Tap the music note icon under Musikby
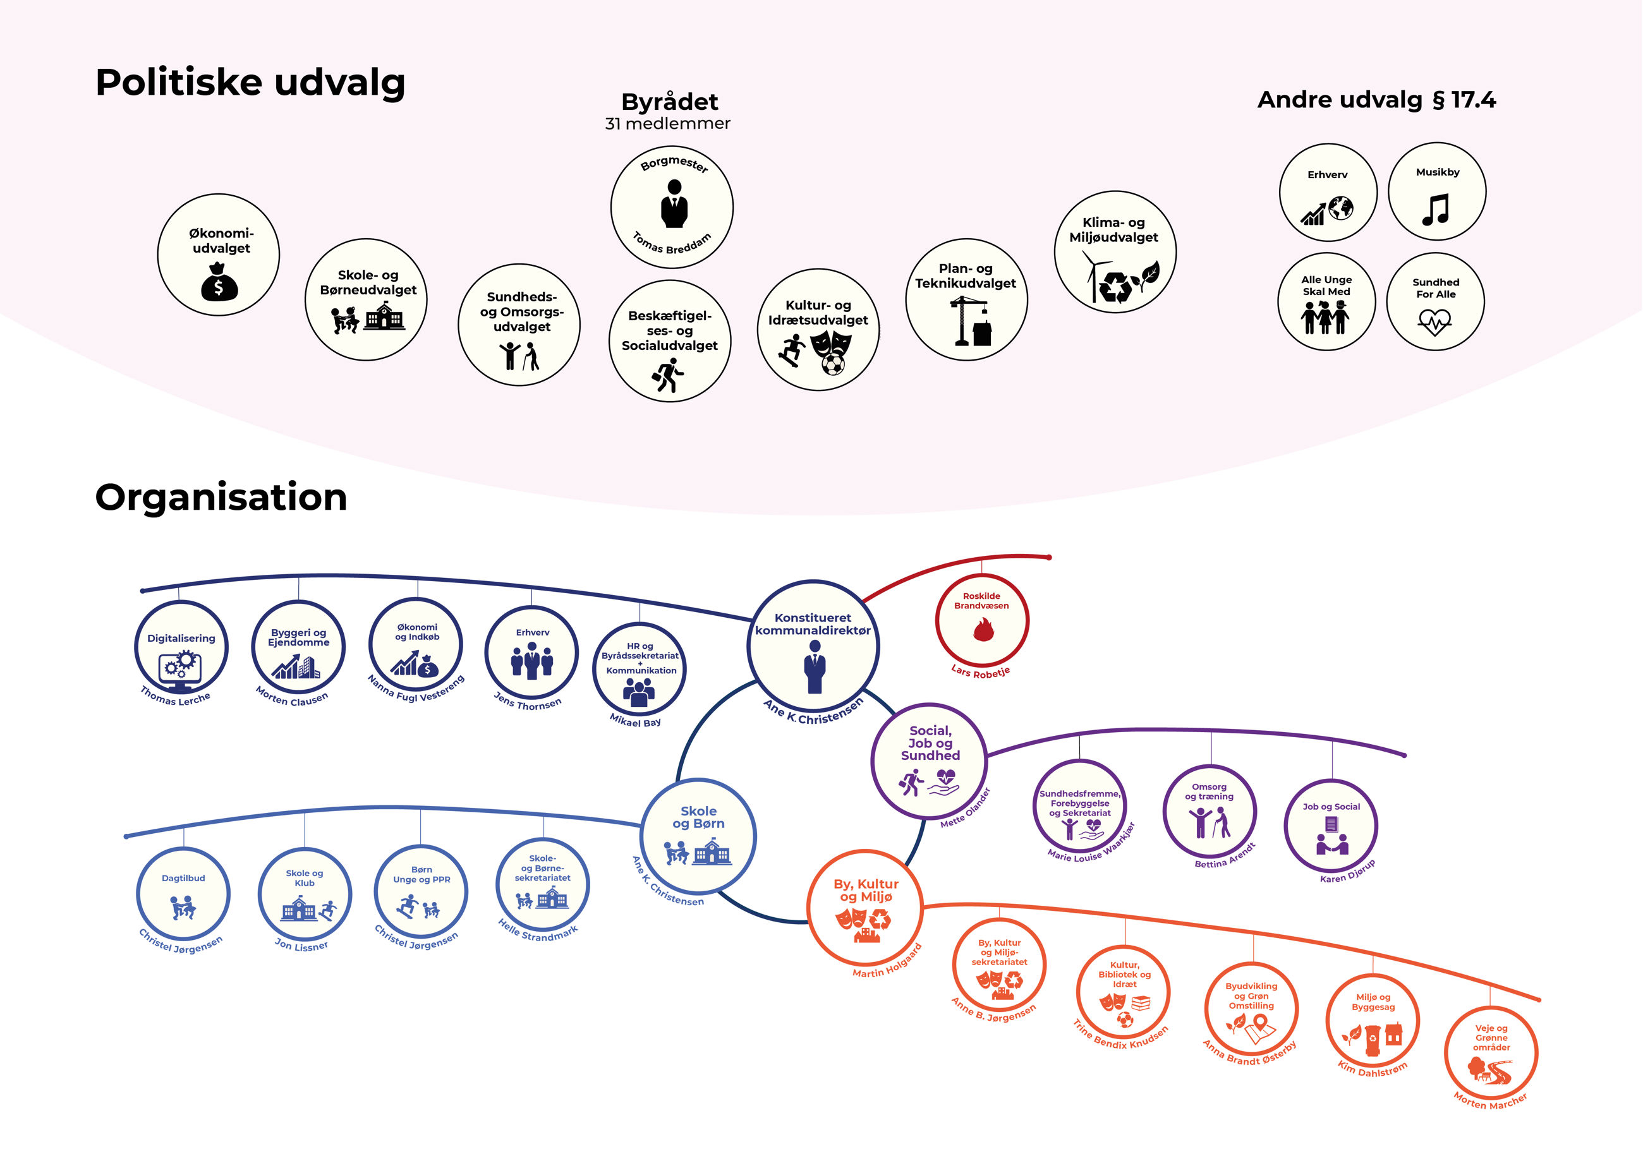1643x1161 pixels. [x=1436, y=210]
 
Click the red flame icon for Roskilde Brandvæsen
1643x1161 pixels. [x=983, y=630]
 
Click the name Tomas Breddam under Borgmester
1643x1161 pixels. [x=671, y=244]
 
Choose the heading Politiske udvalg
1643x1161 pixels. [x=250, y=82]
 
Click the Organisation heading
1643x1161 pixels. [x=221, y=497]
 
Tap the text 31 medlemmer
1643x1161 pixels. [x=668, y=124]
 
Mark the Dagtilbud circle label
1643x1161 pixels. [x=183, y=879]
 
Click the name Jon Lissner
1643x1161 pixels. [x=301, y=946]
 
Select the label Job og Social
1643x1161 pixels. [x=1331, y=807]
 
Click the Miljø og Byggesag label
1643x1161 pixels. [x=1373, y=1002]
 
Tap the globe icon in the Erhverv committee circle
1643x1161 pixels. [x=1340, y=208]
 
